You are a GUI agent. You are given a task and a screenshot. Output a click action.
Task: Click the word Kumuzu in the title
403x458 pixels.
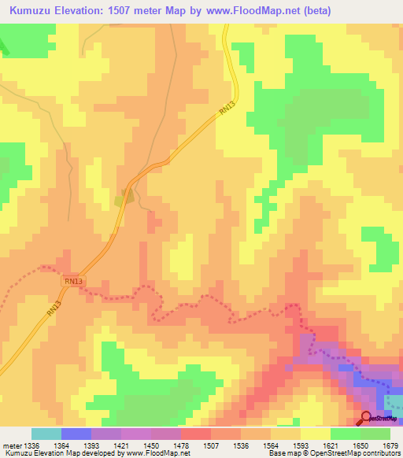[x=32, y=10]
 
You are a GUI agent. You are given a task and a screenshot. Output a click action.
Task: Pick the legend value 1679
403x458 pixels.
[x=390, y=446]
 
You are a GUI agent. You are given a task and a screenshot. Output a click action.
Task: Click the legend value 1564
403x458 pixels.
[x=270, y=446]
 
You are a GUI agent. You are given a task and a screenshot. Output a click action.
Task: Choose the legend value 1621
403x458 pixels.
[x=330, y=446]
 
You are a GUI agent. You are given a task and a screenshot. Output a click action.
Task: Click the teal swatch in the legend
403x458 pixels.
[x=46, y=434]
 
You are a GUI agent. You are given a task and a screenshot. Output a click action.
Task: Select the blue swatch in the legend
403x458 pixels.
[x=76, y=434]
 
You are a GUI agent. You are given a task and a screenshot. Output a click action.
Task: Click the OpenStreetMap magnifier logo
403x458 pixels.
[x=366, y=417]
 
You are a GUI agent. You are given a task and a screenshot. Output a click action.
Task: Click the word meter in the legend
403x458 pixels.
[x=9, y=446]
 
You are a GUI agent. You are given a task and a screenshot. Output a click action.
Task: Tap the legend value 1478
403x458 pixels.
[x=180, y=446]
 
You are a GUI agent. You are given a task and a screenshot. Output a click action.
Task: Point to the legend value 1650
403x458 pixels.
[x=360, y=446]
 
